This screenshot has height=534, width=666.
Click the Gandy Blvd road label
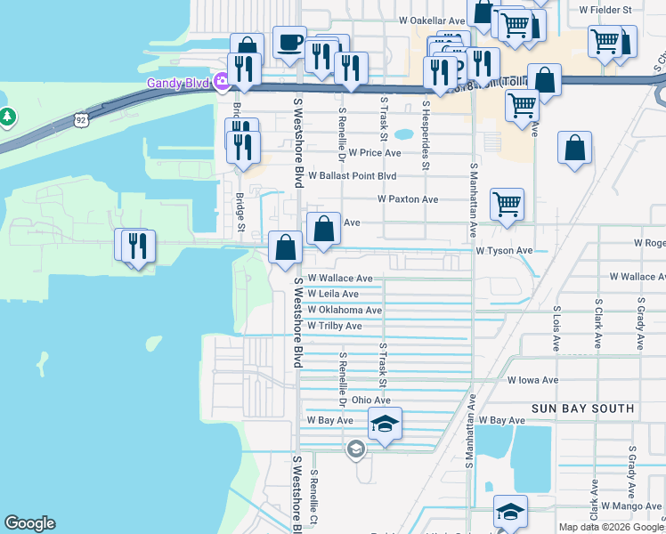[x=178, y=84]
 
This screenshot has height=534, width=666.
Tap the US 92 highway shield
[x=81, y=117]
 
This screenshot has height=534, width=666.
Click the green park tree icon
[x=7, y=117]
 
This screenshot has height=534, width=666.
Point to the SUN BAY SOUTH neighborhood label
[x=582, y=409]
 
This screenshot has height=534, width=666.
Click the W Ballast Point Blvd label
[x=352, y=176]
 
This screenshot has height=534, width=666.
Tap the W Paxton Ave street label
[x=408, y=199]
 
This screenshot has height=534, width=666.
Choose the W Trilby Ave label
[x=334, y=326]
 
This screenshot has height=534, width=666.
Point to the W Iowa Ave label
[x=532, y=380]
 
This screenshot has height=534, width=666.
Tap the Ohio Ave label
[x=371, y=401]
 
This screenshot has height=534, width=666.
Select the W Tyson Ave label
[x=504, y=251]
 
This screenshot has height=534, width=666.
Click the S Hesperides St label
[x=426, y=134]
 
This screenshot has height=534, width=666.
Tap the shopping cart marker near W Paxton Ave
[x=507, y=204]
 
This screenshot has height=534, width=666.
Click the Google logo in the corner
[x=29, y=523]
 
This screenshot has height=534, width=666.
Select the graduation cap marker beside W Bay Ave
[x=385, y=425]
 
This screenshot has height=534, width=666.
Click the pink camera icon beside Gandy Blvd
[x=221, y=84]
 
